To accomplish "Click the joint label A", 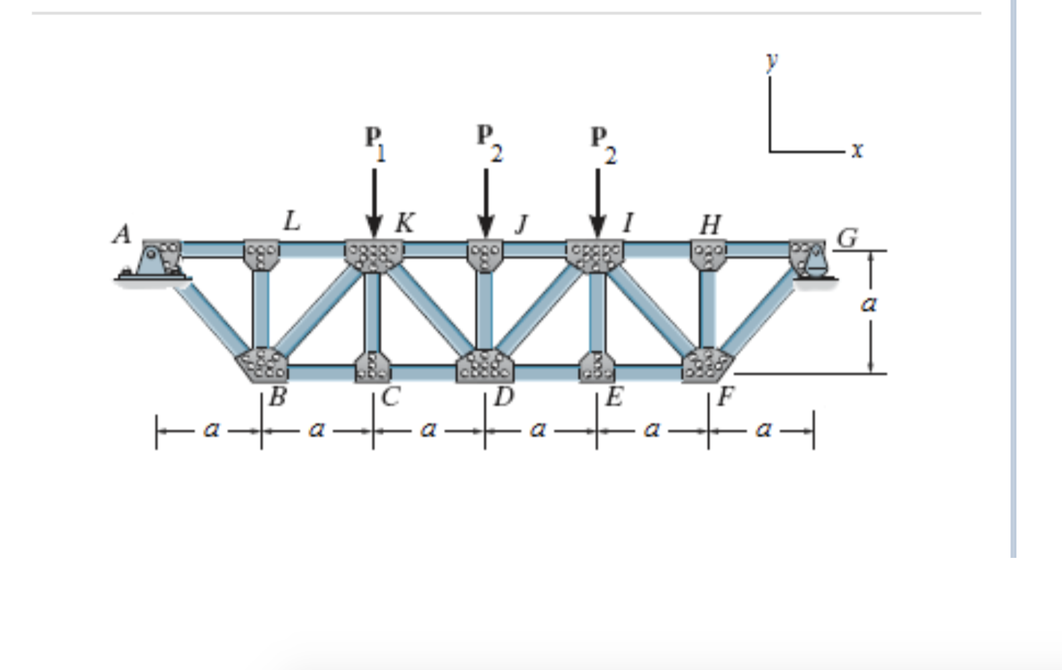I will pyautogui.click(x=122, y=234).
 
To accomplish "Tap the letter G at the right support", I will pyautogui.click(x=847, y=238).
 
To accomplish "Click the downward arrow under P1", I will pyautogui.click(x=374, y=201).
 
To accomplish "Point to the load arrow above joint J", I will pyautogui.click(x=485, y=201).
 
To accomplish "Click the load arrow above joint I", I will pyautogui.click(x=597, y=201).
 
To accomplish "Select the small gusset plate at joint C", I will pyautogui.click(x=373, y=367).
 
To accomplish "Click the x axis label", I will pyautogui.click(x=857, y=150).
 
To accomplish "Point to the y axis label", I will pyautogui.click(x=772, y=60).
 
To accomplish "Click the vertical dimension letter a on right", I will pyautogui.click(x=868, y=305).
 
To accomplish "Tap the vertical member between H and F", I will pyautogui.click(x=708, y=309).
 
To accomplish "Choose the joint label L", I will pyautogui.click(x=291, y=220).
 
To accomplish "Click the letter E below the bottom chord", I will pyautogui.click(x=614, y=397).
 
